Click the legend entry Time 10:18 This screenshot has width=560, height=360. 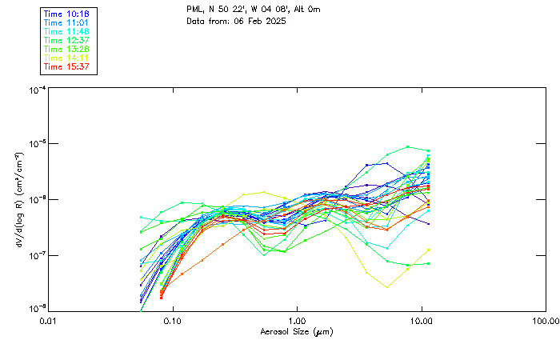click(66, 14)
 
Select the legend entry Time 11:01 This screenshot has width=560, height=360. click(66, 22)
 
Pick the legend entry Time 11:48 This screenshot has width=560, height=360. click(66, 31)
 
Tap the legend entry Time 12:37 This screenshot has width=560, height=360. click(66, 40)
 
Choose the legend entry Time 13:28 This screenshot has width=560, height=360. click(66, 49)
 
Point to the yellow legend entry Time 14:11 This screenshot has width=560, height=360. click(66, 58)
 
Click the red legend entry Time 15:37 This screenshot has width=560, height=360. click(66, 66)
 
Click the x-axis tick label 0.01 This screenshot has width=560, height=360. click(48, 321)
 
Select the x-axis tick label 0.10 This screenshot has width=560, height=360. click(172, 321)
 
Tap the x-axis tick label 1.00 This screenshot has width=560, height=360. click(297, 321)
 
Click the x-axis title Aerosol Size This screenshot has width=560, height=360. click(296, 331)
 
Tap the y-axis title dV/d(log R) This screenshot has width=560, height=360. click(18, 199)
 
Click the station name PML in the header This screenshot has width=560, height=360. click(194, 10)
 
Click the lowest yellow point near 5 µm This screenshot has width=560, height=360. click(387, 286)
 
